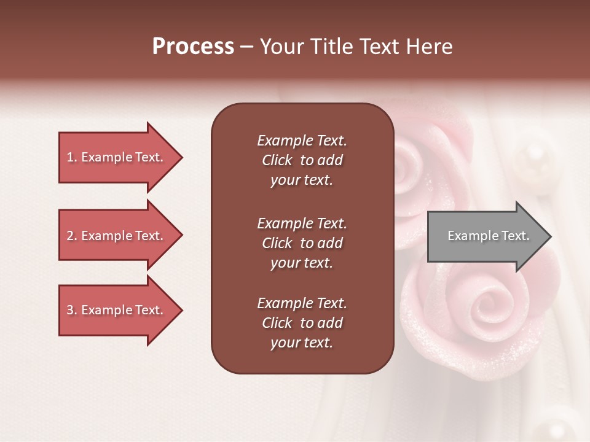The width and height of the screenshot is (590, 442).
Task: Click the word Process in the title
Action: tap(193, 47)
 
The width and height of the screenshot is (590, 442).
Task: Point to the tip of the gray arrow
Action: tap(550, 236)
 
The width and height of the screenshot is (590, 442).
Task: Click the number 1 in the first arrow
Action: tap(70, 157)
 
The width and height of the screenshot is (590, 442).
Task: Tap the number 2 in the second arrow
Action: tap(70, 236)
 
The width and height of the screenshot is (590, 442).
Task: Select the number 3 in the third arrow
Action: tap(70, 310)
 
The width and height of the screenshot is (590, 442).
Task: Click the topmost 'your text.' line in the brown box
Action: tap(301, 180)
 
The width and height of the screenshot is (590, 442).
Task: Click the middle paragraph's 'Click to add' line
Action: tap(302, 243)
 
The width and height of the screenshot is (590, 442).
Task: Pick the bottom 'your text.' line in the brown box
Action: tap(301, 343)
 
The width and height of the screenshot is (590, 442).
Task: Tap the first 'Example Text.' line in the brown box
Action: tap(302, 141)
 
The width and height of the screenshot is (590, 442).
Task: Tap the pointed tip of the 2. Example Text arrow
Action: tap(181, 236)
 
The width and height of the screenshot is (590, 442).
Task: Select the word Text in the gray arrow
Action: tap(516, 236)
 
